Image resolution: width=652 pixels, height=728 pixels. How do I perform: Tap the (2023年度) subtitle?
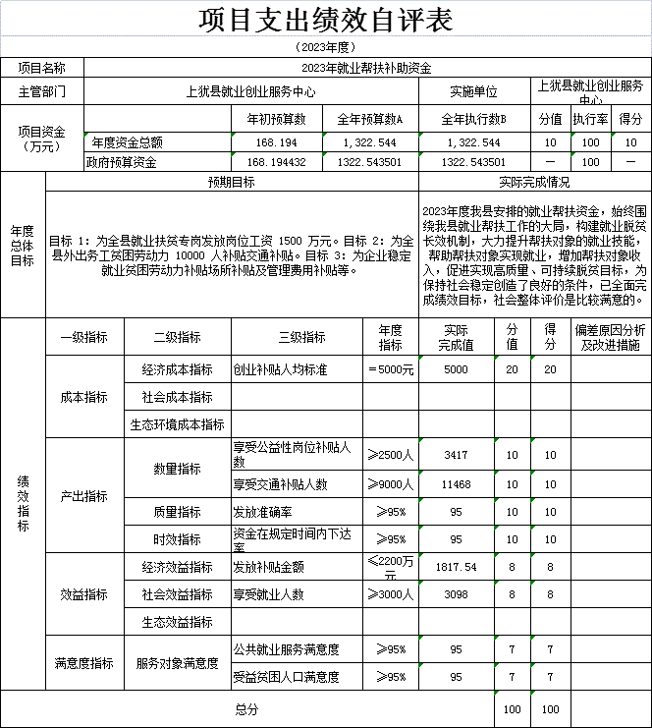coord(325,46)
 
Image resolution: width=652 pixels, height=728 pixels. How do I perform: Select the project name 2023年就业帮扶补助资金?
coord(366,68)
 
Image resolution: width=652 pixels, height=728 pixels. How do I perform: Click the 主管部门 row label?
coord(42,91)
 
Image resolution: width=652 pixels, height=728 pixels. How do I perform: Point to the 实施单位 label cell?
coord(474,91)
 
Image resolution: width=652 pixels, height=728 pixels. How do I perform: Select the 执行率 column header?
coord(590,118)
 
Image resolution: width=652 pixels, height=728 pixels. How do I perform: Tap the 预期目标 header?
coord(232,182)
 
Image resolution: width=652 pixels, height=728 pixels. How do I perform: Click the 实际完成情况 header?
coord(534,182)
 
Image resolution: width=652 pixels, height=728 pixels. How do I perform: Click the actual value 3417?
coord(456,456)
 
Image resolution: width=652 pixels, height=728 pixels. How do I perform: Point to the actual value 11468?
coord(456,484)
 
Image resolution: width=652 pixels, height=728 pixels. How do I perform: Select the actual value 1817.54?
coord(456,567)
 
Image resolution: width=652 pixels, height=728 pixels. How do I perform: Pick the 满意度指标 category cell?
coord(83,663)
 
